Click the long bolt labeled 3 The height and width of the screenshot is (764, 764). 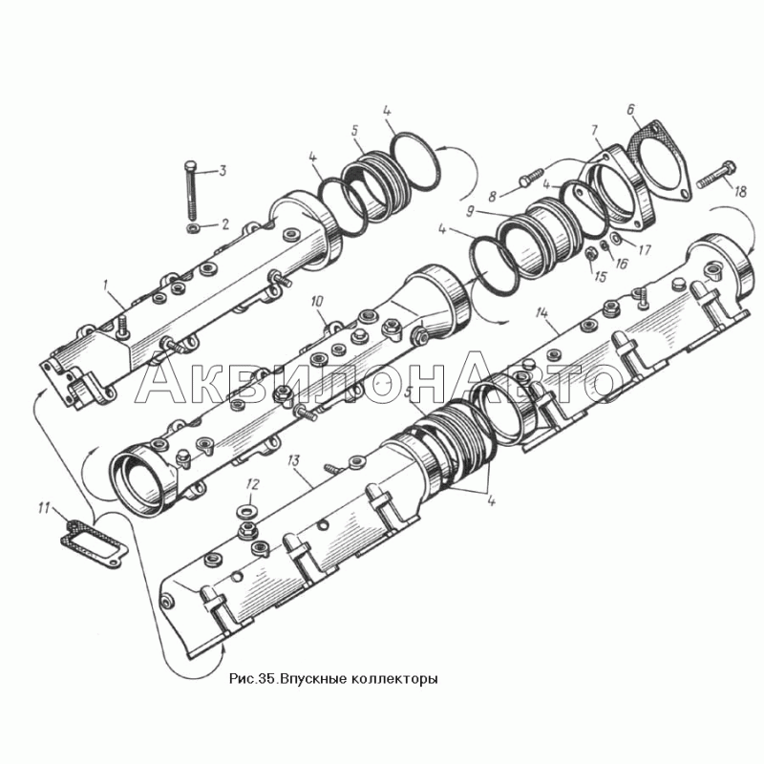pos(190,190)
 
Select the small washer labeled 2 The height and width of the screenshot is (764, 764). pos(193,228)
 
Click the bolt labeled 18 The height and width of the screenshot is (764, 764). pos(715,176)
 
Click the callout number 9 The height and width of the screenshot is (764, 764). pos(471,212)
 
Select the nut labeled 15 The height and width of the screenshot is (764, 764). pos(590,254)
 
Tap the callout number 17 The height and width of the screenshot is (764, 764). pos(644,250)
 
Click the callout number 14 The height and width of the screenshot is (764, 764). pos(541,312)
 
